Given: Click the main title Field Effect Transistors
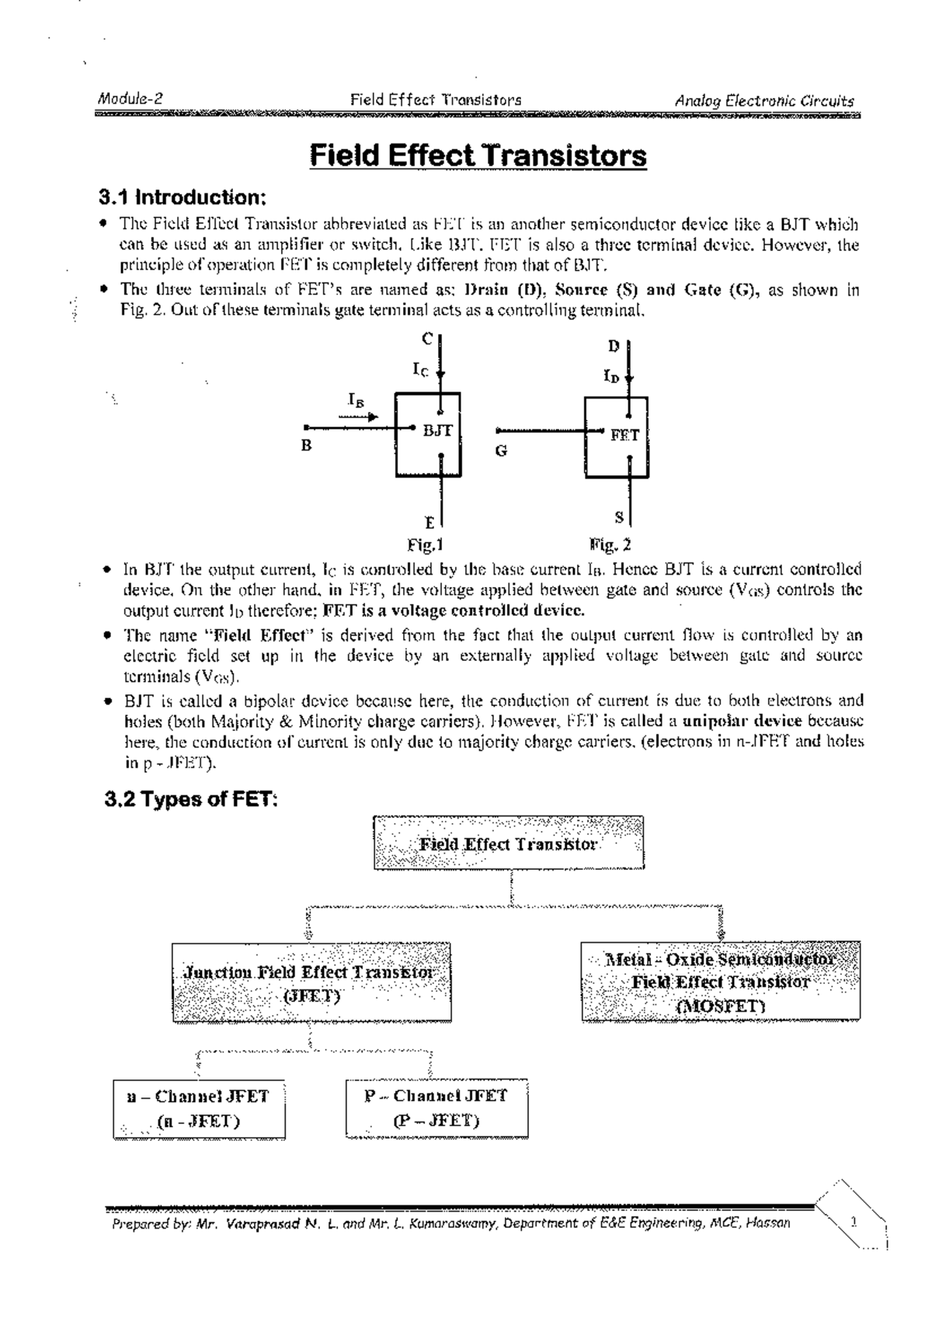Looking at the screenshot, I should click(x=478, y=156).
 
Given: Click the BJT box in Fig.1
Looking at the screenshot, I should click(x=428, y=434).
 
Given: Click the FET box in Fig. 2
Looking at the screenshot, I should click(x=617, y=436).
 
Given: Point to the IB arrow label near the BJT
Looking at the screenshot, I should click(x=355, y=401).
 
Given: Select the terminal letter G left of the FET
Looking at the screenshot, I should click(x=501, y=450).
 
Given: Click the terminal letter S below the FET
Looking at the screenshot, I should click(x=618, y=517).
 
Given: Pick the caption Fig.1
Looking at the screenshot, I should click(x=425, y=544).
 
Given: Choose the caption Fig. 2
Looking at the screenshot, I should click(x=610, y=544).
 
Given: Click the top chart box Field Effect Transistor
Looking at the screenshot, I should click(x=509, y=843).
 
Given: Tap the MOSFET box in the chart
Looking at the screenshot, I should click(x=720, y=982).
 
